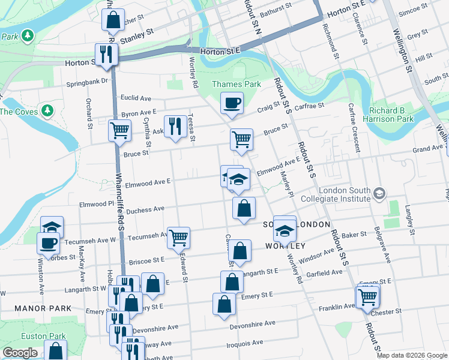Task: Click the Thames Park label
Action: (x=237, y=84)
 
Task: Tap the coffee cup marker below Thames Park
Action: (x=232, y=103)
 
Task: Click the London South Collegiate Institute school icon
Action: (x=379, y=193)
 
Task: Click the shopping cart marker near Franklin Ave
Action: (x=367, y=296)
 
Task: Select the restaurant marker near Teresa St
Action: (x=175, y=126)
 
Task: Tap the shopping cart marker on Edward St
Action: (x=178, y=238)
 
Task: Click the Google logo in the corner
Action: (x=19, y=353)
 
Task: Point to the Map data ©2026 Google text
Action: (x=412, y=355)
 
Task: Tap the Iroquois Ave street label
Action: (x=244, y=343)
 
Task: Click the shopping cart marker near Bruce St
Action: (x=241, y=139)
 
